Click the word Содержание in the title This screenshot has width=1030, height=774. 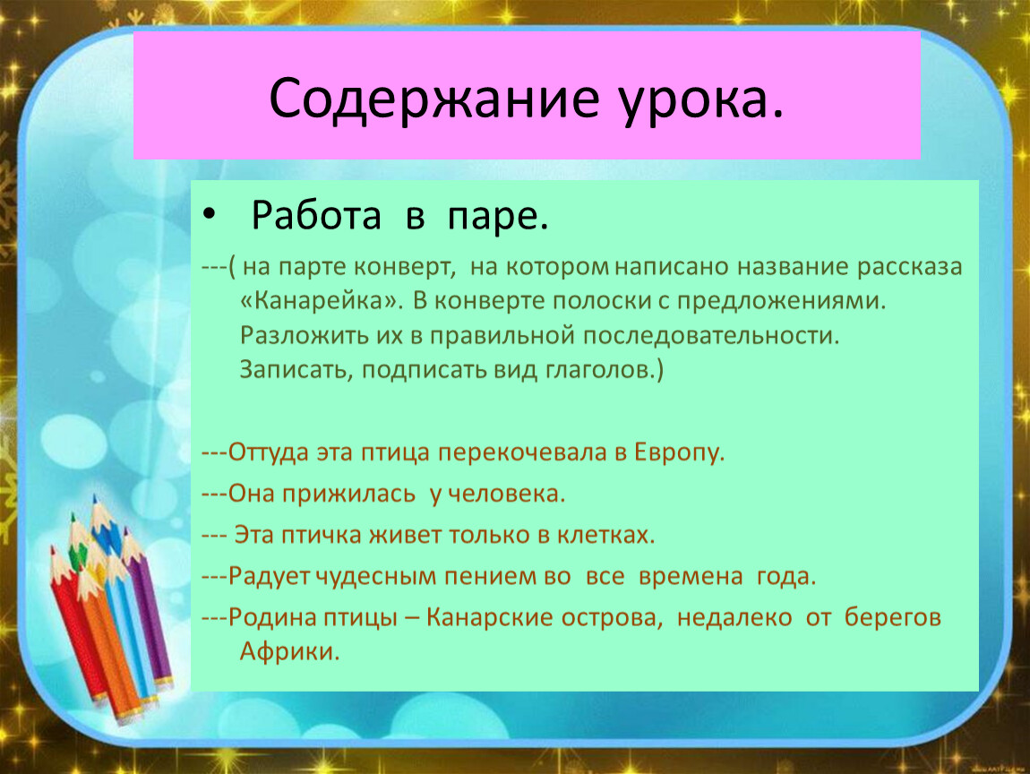434,99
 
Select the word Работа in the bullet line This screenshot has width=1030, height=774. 317,215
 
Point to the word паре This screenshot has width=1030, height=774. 498,218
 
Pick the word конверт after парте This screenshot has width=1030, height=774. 404,267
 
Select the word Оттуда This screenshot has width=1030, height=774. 269,452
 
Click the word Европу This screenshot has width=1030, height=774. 679,452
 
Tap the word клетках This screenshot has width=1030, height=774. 606,535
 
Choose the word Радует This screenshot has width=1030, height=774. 270,576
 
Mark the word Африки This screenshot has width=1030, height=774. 289,651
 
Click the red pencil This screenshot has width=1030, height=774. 80,625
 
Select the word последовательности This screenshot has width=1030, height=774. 711,336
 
